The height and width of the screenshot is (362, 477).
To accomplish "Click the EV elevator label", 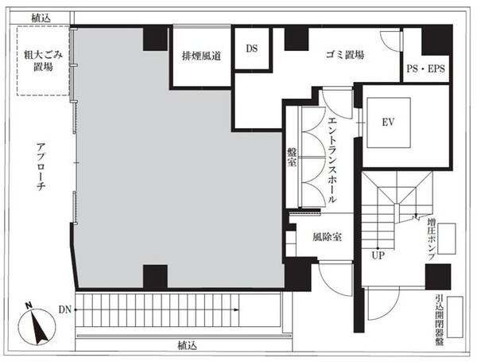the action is (388, 122).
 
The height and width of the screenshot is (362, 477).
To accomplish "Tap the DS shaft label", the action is (251, 49).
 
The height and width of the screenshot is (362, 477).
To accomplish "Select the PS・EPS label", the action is (426, 68).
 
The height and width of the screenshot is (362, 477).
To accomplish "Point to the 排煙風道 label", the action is (201, 56).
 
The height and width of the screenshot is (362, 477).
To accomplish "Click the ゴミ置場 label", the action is (345, 55).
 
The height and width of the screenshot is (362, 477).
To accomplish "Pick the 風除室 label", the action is (327, 237).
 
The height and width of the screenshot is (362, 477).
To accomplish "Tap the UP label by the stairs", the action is (378, 255).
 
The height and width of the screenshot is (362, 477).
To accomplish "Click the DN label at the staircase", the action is (65, 309).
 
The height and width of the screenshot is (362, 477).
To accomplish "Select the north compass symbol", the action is (37, 325).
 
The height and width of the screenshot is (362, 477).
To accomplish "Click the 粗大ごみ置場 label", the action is (44, 60).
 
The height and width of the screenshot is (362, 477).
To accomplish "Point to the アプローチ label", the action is (41, 166).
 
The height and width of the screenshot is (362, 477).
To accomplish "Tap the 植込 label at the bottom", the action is (187, 346).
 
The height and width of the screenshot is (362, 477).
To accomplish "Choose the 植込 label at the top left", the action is (41, 18).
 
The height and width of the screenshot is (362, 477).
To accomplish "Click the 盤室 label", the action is (292, 157).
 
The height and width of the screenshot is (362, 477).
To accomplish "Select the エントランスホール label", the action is (332, 160).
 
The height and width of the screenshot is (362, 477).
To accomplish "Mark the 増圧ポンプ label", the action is (431, 239).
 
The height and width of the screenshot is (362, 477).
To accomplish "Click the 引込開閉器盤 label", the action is (440, 320).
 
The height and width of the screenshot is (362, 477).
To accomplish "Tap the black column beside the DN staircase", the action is (155, 276).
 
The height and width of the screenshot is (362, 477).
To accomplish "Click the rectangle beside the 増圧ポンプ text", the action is (447, 239).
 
